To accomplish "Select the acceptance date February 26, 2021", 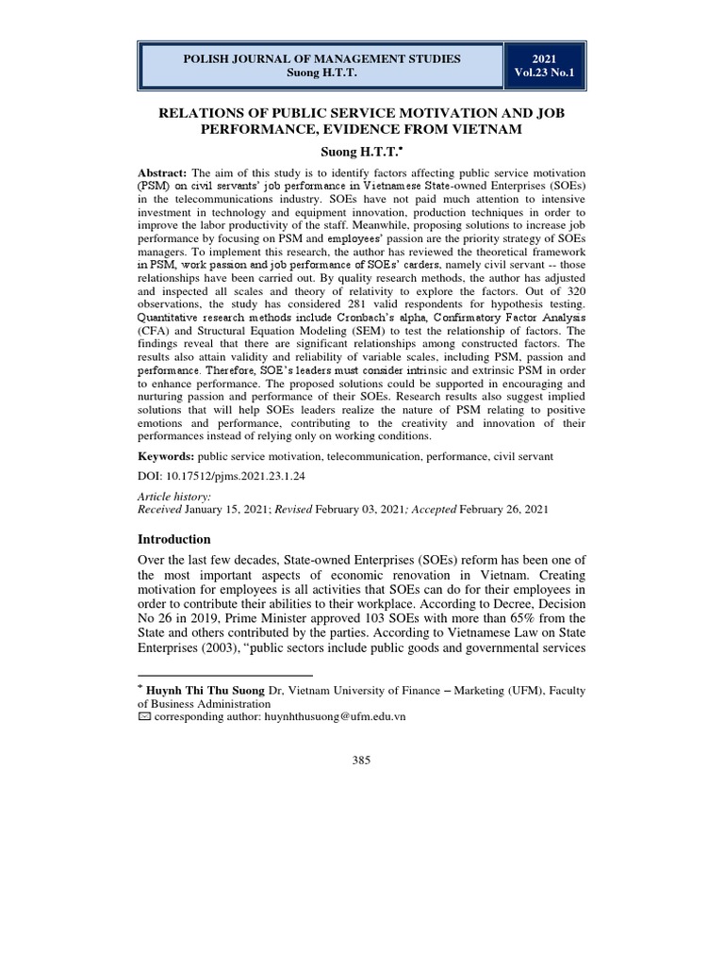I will point(502,509).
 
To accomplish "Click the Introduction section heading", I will point(174,539).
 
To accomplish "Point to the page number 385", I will point(361,761).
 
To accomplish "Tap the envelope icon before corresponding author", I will point(144,717).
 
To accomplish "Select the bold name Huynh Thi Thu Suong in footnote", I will point(206,691).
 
